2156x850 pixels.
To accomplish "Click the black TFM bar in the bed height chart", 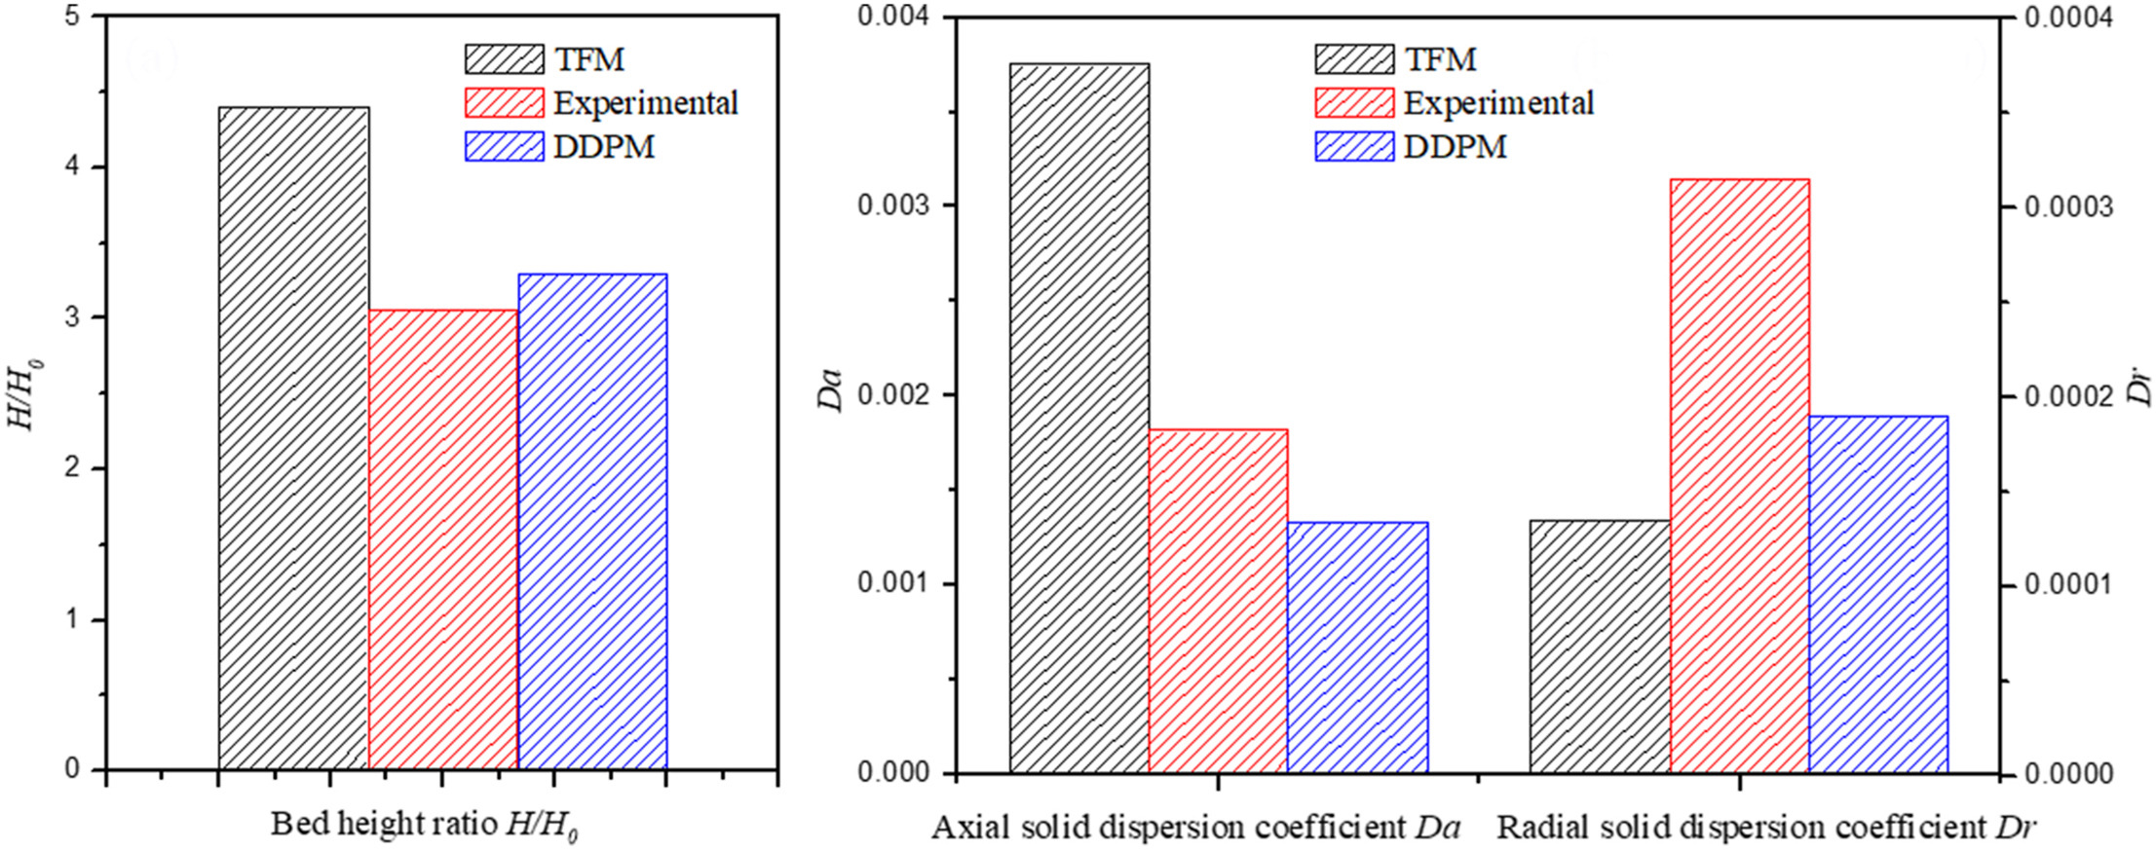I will [293, 438].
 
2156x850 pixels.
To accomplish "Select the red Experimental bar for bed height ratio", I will [443, 540].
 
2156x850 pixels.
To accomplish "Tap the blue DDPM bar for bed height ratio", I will [592, 522].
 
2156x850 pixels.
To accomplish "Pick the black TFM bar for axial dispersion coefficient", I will [1078, 419].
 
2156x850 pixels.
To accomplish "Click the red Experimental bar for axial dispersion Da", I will [1218, 601].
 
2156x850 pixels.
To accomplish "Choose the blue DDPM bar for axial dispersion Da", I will [1357, 647].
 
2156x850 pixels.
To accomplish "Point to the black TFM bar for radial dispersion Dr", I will [1599, 647].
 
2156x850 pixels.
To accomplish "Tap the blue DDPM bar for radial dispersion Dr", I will [1877, 594].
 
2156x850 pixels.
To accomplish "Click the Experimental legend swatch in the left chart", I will [504, 102].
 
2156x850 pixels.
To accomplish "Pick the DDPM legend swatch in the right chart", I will [1353, 147].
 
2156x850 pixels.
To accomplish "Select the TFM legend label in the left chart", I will [588, 59].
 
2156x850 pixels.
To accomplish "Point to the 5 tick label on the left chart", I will [73, 18].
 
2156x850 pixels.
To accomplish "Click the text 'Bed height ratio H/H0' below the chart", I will [424, 826].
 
